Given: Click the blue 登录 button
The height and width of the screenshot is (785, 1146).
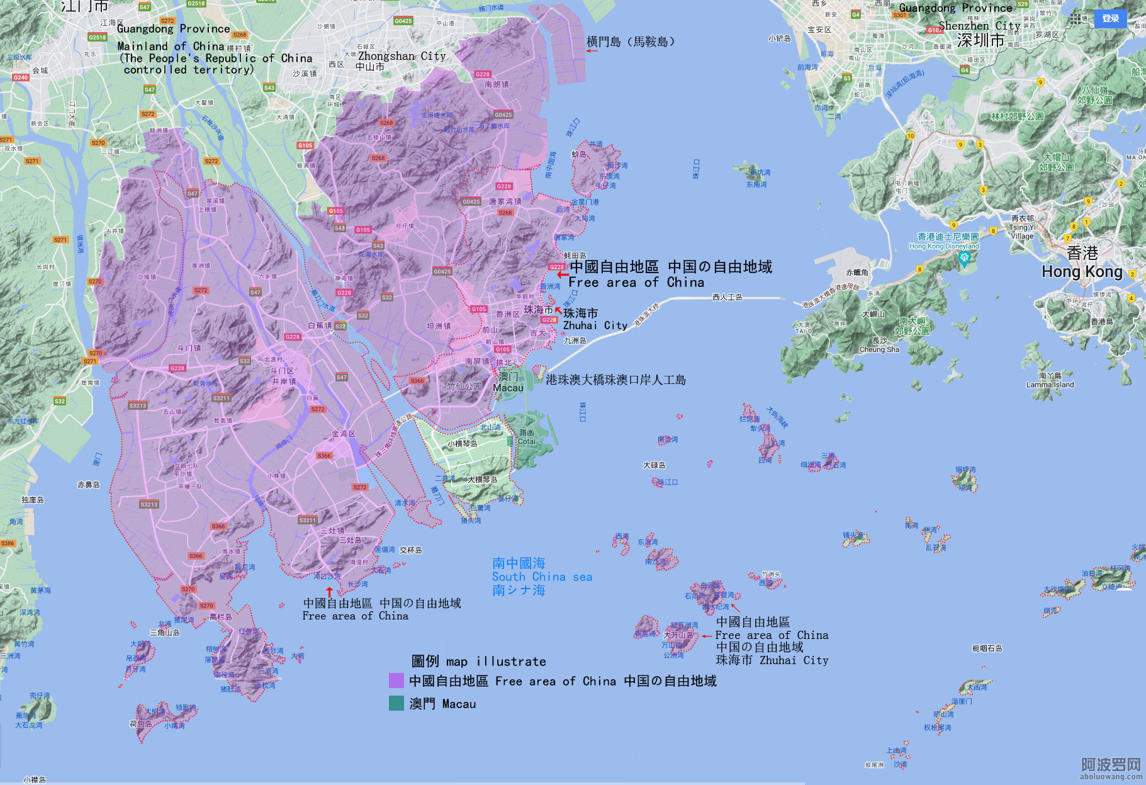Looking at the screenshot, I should (x=1110, y=18).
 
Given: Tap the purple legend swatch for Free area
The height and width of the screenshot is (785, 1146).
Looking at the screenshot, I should (x=396, y=681).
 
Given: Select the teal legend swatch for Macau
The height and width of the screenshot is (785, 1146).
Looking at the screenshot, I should (x=396, y=703).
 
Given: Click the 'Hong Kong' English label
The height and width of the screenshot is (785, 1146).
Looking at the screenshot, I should (x=1082, y=272).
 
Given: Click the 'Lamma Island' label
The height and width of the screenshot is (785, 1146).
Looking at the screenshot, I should (x=1050, y=385).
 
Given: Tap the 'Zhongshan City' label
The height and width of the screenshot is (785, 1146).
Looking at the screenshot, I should (x=402, y=56).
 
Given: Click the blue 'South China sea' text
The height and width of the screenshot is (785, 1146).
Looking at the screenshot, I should (x=541, y=577).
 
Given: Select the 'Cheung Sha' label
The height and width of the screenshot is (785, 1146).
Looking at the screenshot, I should (x=879, y=349).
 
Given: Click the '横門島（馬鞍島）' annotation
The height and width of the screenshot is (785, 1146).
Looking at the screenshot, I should (x=631, y=42).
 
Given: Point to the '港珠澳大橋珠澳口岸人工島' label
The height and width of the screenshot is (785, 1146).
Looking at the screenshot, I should (x=615, y=380).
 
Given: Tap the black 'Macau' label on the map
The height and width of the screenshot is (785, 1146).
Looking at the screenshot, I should (x=508, y=388).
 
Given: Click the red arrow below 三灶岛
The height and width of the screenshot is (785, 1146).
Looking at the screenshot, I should (x=329, y=592).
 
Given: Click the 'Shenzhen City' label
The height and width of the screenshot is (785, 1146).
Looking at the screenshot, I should (x=979, y=26).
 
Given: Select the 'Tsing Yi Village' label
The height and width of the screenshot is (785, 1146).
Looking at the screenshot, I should (x=1021, y=231).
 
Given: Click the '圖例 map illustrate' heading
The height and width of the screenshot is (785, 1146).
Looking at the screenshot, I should (x=478, y=661).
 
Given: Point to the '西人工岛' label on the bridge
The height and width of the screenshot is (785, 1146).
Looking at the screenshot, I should (x=727, y=297).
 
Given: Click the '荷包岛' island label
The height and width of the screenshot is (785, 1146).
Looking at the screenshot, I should (x=140, y=724).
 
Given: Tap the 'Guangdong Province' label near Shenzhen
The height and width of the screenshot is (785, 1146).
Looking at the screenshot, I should (x=955, y=8).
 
